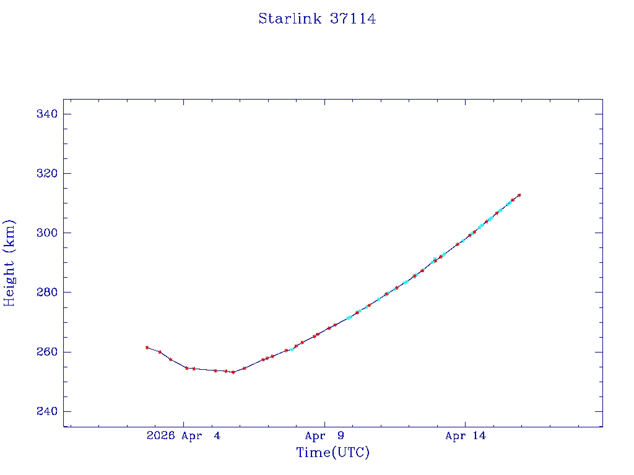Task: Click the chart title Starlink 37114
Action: [317, 19]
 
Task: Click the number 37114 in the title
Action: [353, 19]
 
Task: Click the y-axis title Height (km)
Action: [9, 263]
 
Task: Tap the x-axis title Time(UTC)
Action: [333, 453]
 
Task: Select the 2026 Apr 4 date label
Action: [183, 436]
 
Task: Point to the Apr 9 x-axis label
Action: [324, 436]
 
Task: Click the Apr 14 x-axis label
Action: [466, 436]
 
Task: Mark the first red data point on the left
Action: [147, 348]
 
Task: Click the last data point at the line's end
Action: [519, 195]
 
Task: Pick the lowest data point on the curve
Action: [233, 372]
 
